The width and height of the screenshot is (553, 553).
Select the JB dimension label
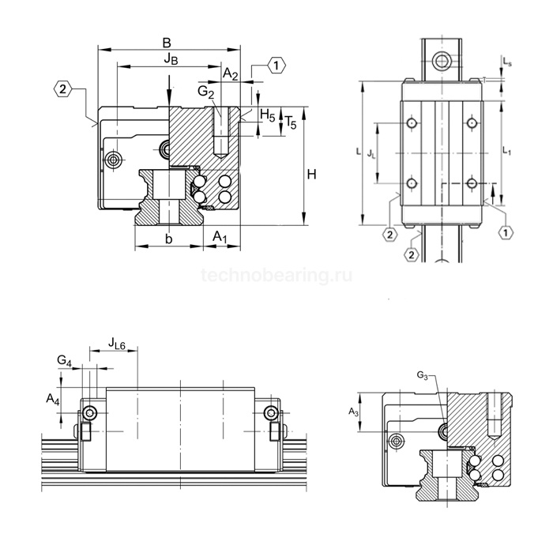point(170,59)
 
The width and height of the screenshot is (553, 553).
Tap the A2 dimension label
point(231,73)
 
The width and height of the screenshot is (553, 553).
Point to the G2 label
point(205,92)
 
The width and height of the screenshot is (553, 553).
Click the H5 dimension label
point(268,116)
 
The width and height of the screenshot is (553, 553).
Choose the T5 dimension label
point(290,122)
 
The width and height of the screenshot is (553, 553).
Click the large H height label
point(312,174)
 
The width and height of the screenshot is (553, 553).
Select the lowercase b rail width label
point(167,239)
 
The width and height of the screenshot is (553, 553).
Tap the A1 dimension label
point(222,239)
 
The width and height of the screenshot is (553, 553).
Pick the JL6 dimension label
point(118,343)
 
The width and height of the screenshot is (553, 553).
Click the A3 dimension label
point(355,411)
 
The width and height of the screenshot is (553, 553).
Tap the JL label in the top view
point(372,156)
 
